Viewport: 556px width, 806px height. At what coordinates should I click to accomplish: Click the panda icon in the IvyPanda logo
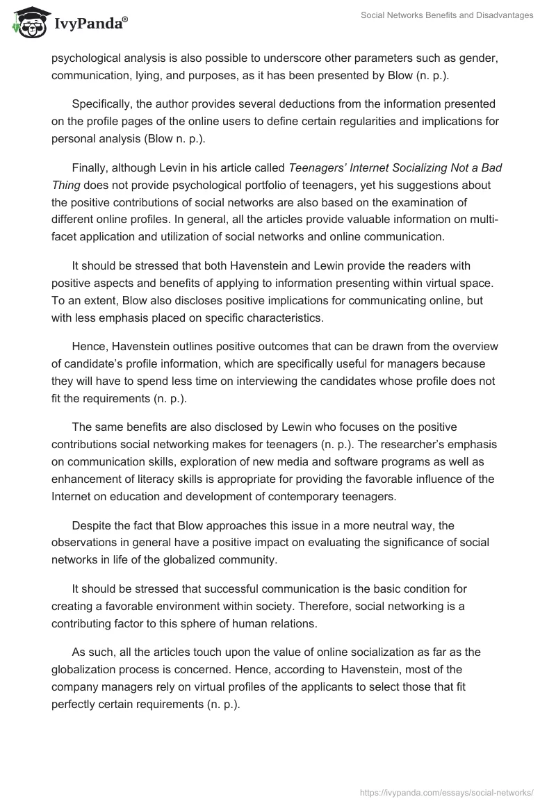click(x=26, y=23)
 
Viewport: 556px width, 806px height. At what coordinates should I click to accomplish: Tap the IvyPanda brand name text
click(x=90, y=24)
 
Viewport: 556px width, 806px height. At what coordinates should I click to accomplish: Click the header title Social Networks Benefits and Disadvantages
click(x=447, y=15)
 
